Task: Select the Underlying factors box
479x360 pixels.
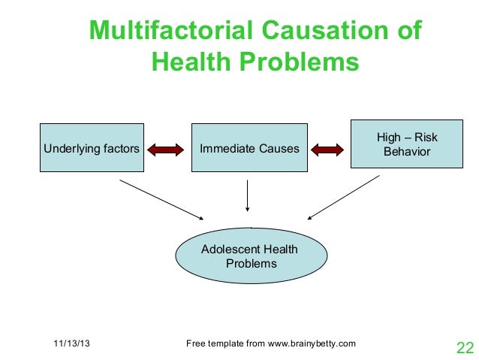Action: (92, 149)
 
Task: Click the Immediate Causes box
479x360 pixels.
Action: (248, 149)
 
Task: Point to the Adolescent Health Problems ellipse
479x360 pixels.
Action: (251, 256)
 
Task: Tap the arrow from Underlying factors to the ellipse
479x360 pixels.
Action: (161, 200)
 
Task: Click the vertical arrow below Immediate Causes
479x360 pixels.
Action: (248, 198)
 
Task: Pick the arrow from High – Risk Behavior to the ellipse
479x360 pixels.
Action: (343, 198)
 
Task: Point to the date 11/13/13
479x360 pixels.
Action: (74, 344)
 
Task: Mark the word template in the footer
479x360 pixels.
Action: (225, 344)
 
